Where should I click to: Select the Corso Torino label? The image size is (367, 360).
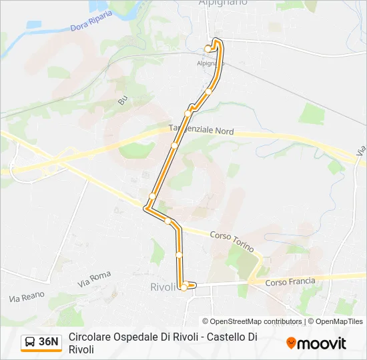(232, 241)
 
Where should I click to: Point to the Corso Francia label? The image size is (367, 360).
(290, 281)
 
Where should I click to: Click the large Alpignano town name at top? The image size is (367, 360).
(223, 3)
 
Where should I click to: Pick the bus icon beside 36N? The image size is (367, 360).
(30, 343)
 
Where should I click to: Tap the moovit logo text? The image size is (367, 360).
(322, 343)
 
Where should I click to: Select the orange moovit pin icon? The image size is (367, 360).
(291, 343)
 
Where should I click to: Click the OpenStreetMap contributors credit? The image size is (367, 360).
(252, 321)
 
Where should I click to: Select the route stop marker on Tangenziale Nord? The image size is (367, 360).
(174, 145)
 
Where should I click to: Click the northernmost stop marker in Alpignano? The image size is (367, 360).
(208, 48)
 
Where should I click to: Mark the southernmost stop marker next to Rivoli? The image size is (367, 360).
(183, 287)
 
